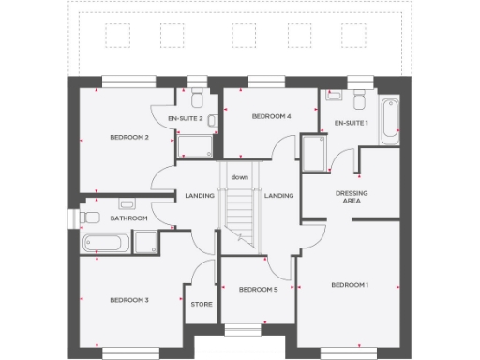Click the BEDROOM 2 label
coord(129,138)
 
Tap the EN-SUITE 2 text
coord(186,119)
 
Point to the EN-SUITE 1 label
coord(352,123)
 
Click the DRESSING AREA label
coord(350,196)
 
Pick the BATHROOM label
coord(128,218)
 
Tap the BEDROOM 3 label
coord(129,300)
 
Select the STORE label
coord(202,304)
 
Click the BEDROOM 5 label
coord(258,290)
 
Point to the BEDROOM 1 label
coord(350,284)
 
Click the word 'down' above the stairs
coord(240,177)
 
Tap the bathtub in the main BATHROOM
coord(107,244)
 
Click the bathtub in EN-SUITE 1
coord(390,120)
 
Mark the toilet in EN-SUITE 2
coord(197,100)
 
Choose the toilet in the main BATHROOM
coord(91,217)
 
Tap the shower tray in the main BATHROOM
coord(147,243)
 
